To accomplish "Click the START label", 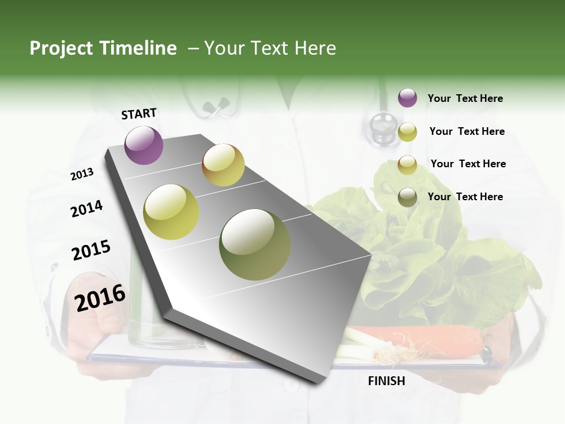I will [x=139, y=114].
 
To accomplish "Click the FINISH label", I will [x=386, y=381].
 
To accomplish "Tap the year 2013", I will [x=82, y=174].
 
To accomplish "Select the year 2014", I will [x=87, y=208].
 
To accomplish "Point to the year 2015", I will [x=91, y=250].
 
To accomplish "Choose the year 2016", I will [x=100, y=297].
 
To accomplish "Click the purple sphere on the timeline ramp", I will [x=144, y=145].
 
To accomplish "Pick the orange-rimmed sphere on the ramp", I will [x=223, y=165].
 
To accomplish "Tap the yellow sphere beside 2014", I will [x=171, y=211].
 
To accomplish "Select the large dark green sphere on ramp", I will [x=255, y=244].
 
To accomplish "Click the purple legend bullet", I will [x=407, y=98].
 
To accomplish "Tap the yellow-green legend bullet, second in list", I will [x=407, y=132].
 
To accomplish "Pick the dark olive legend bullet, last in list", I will [x=407, y=197].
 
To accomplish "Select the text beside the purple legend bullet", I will [x=465, y=99].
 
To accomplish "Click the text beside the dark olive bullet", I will [x=465, y=197].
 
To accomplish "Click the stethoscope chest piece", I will [x=383, y=127].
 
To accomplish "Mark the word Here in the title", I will [x=315, y=48].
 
